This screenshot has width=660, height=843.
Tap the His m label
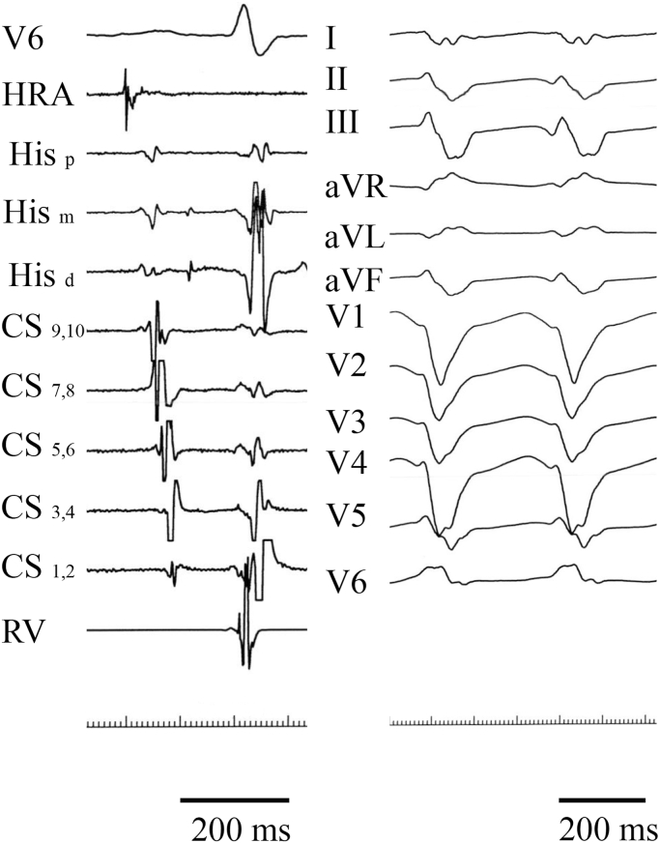coord(39,214)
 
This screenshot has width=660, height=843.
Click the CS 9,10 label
coord(43,328)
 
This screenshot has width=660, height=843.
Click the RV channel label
coord(22,630)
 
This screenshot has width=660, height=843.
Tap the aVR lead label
coord(356,188)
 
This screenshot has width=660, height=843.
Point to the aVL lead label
coord(355,237)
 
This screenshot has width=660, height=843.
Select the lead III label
coord(342,123)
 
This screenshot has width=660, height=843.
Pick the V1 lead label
coord(347,318)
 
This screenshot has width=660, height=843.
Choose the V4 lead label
coord(347,463)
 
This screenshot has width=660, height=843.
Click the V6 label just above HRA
coord(23,39)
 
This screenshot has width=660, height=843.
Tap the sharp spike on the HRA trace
coord(126,99)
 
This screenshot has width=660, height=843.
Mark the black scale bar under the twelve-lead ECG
coord(602,800)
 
